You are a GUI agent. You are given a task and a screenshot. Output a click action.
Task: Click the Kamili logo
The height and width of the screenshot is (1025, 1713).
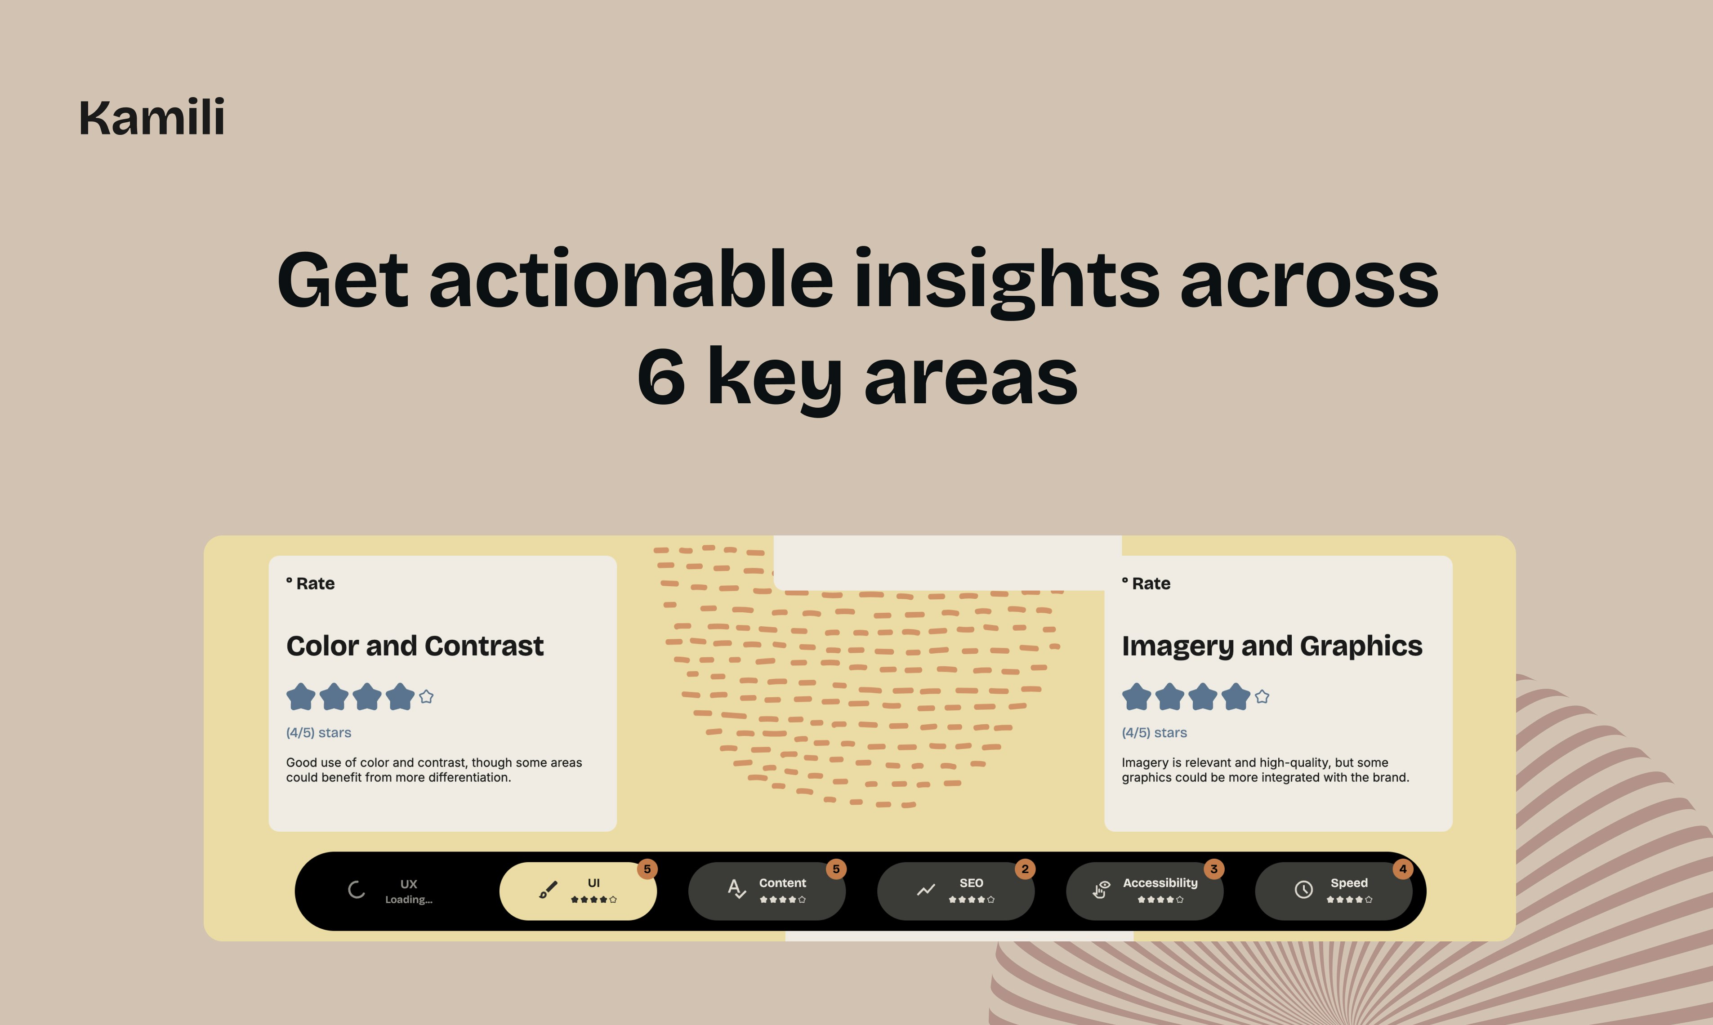point(152,117)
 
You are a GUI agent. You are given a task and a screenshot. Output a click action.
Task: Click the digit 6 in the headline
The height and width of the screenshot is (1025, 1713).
point(661,376)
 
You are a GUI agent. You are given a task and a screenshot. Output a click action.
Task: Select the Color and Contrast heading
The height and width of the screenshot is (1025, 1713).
point(415,646)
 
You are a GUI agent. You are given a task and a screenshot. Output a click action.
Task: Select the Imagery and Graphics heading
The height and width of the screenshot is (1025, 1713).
point(1271,646)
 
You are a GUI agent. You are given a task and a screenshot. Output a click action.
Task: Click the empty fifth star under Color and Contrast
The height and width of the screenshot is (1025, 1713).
point(426,696)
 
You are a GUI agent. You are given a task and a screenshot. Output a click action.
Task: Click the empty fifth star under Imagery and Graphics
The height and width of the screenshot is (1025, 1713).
point(1262,696)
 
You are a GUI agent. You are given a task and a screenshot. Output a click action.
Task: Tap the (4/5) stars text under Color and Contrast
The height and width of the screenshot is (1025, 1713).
point(318,732)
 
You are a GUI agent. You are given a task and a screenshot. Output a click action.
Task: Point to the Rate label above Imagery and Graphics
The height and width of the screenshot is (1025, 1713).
point(1146,584)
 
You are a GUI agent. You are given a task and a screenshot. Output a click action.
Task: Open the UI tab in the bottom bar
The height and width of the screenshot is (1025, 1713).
point(578,891)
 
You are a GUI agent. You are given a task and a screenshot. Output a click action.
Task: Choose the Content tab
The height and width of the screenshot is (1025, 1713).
point(767,891)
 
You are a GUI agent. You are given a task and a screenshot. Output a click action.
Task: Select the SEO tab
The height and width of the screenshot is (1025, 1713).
point(956,891)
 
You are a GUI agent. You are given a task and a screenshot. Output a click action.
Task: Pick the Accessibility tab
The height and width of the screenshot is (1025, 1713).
point(1145,891)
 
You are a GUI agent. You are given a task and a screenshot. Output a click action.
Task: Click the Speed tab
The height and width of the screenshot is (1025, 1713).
point(1334,891)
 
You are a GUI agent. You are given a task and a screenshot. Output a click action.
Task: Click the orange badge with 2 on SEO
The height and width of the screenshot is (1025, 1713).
point(1025,869)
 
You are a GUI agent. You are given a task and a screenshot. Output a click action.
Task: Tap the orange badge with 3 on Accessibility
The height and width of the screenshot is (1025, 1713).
point(1213,869)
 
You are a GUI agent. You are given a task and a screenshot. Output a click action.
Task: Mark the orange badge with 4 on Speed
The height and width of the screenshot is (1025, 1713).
point(1403,869)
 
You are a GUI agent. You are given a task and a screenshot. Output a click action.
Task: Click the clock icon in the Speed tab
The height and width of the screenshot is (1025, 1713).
point(1303,890)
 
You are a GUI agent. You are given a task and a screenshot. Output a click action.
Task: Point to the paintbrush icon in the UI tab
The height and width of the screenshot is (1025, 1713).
point(549,890)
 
